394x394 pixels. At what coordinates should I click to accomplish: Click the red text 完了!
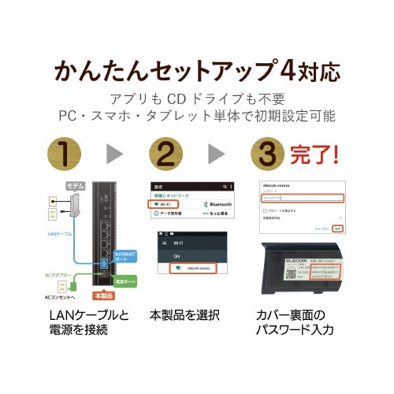coord(319,152)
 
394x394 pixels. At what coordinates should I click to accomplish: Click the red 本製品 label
coord(103,296)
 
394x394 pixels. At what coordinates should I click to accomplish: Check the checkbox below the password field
coord(264,212)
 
